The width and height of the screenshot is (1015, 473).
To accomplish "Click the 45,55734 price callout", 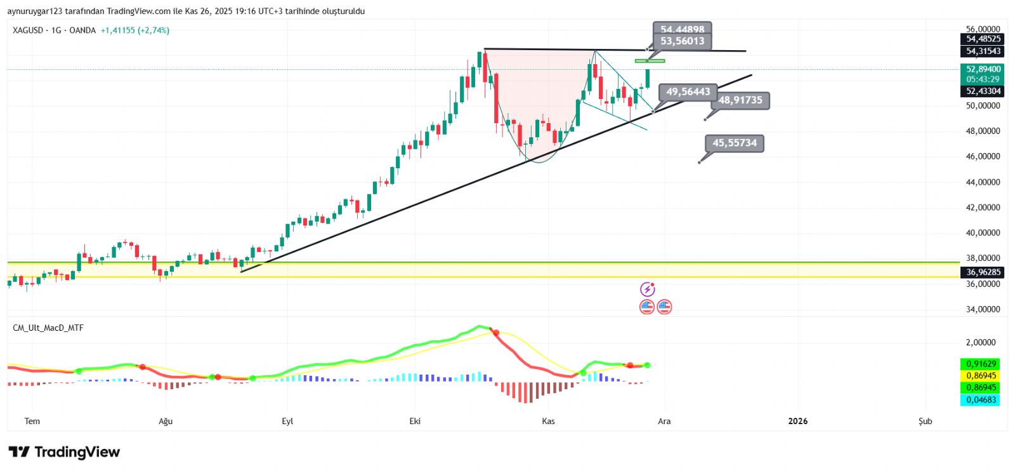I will [x=734, y=143].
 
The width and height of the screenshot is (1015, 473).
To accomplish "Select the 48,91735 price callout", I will [x=740, y=100].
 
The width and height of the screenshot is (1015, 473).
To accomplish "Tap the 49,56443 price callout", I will [x=688, y=92].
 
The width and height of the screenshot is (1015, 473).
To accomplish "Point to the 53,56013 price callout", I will [x=682, y=41].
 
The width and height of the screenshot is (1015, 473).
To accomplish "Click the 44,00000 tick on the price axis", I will [x=983, y=182].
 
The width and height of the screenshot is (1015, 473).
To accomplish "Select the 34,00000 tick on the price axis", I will [x=983, y=310].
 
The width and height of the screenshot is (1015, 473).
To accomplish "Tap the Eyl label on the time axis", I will [x=287, y=422].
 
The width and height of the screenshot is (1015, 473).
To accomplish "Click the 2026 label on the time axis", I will [x=797, y=421].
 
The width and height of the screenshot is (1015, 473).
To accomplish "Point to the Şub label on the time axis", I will [x=926, y=422].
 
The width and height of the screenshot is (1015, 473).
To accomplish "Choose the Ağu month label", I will [x=166, y=422].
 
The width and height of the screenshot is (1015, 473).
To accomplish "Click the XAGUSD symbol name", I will [x=28, y=30].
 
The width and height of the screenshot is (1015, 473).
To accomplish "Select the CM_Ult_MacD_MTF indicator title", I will [x=48, y=328].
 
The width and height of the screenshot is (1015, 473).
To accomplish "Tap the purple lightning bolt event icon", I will [x=647, y=290].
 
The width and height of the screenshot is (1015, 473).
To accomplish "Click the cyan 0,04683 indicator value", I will [x=980, y=400].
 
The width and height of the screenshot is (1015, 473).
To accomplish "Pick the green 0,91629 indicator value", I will [x=980, y=364].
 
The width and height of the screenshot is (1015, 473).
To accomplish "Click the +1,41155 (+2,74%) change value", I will [x=135, y=30].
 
